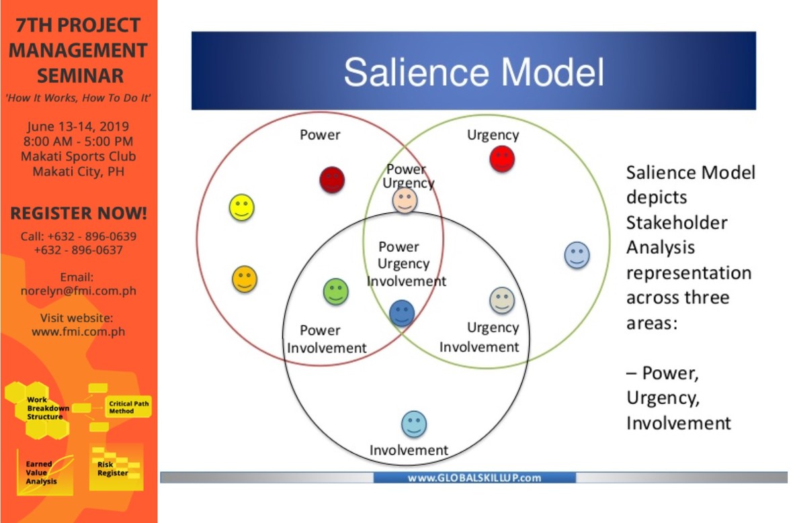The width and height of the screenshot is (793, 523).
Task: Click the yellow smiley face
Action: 242,207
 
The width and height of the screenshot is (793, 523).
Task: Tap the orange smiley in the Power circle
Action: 245,279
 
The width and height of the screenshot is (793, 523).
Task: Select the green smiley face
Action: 336,291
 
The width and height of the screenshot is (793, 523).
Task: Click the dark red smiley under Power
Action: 332,180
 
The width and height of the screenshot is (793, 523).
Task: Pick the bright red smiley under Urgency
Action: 502,159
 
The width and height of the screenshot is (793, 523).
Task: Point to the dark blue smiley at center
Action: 402,312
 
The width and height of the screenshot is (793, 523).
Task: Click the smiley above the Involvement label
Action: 414,424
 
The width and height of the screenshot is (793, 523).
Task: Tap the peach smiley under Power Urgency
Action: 405,200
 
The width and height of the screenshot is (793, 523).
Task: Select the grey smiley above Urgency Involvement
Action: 501,300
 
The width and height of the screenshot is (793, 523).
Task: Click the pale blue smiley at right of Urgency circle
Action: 577,255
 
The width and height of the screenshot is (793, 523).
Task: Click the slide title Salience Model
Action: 474,72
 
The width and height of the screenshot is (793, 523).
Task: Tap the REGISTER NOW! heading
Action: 79,214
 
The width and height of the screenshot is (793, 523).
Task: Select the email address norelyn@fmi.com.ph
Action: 78,291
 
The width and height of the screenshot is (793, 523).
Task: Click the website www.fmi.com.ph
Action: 78,332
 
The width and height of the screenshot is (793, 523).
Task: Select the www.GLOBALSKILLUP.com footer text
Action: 474,478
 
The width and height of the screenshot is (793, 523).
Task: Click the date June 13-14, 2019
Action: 78,126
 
